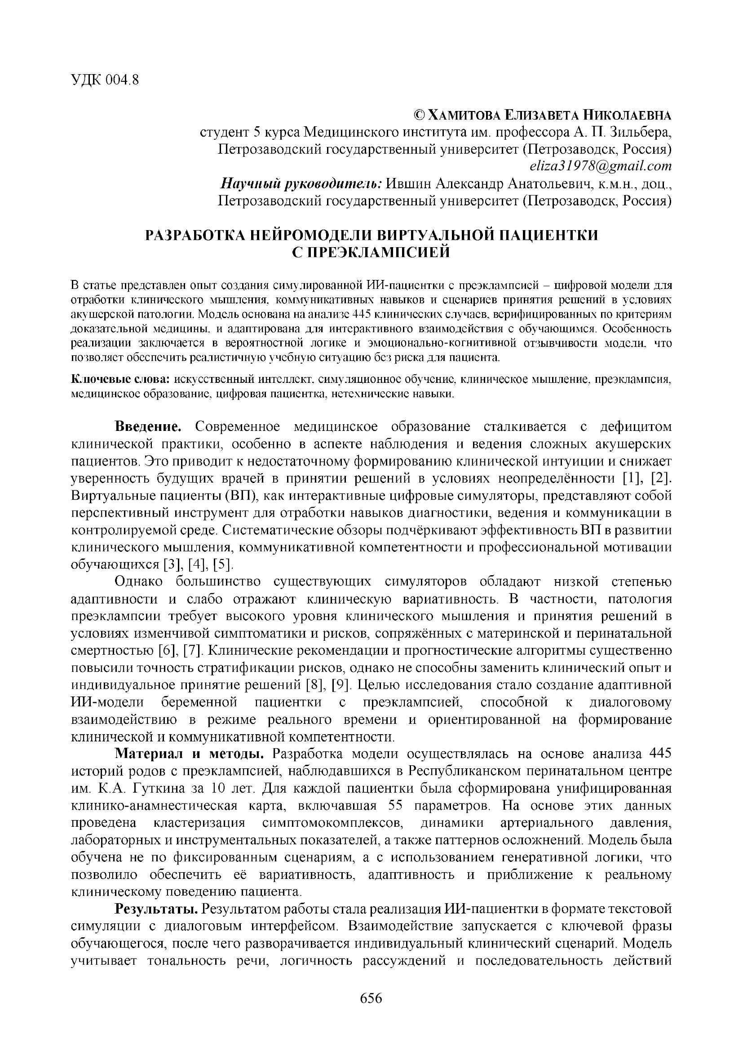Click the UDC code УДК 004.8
point(105,80)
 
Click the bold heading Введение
point(148,426)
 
